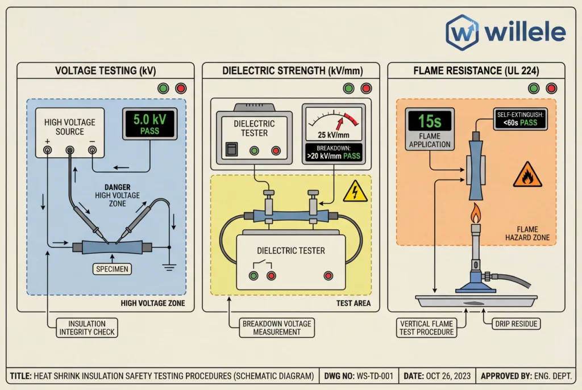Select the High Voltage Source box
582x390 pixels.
click(x=70, y=132)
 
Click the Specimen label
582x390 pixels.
click(x=112, y=269)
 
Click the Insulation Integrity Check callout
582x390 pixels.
click(x=87, y=328)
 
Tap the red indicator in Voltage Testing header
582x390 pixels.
click(x=181, y=89)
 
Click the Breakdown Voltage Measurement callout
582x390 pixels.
click(x=277, y=328)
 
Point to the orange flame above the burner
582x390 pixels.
click(x=475, y=213)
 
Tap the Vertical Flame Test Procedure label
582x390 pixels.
click(x=427, y=328)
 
